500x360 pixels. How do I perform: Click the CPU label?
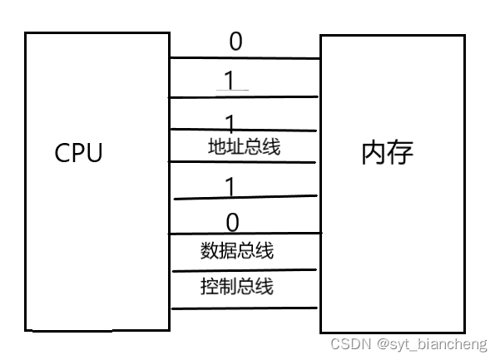[78, 154]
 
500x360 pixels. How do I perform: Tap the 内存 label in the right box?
[387, 153]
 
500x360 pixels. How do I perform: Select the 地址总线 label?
[244, 147]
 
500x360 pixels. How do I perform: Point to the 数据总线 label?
[237, 250]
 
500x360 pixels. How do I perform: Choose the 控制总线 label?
[237, 288]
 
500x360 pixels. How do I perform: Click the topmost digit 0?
[235, 42]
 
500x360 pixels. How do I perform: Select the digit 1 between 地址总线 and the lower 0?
[230, 187]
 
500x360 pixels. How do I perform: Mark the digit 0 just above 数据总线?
[232, 222]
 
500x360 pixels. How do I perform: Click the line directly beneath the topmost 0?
[245, 58]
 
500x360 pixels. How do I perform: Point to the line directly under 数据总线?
[245, 270]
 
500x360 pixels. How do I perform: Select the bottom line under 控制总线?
[245, 308]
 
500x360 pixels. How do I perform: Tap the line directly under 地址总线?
[245, 161]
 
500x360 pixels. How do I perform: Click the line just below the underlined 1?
[245, 97]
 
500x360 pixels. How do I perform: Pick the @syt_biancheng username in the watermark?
[432, 343]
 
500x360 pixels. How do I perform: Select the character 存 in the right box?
[400, 153]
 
